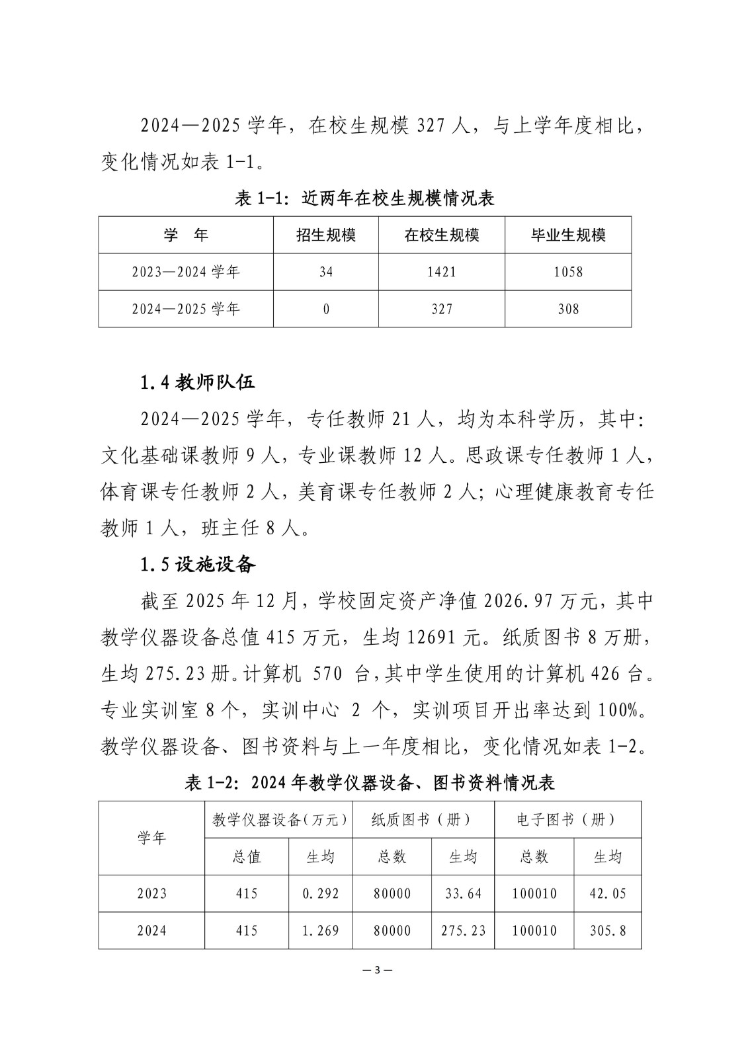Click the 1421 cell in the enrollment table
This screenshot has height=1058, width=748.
tap(441, 272)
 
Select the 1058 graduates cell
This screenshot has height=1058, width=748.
tap(568, 272)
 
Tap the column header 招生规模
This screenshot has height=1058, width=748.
tap(325, 235)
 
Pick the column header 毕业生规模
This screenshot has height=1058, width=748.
tap(568, 235)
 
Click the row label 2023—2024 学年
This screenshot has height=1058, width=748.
tap(186, 272)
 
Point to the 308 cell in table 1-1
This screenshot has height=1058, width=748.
tap(568, 309)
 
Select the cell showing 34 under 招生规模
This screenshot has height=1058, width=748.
tap(325, 272)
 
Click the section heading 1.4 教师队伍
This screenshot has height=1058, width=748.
tap(198, 382)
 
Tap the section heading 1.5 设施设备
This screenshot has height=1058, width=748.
tap(198, 564)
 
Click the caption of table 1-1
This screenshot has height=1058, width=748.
tap(364, 198)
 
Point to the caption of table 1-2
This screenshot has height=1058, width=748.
tap(370, 783)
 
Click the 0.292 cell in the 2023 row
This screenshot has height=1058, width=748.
tap(320, 894)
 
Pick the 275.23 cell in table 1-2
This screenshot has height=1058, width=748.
tap(463, 931)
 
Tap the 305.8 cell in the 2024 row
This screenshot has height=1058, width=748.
tap(607, 931)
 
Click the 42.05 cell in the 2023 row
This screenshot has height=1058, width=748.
tap(607, 894)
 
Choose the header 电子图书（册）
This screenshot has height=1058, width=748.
tap(567, 820)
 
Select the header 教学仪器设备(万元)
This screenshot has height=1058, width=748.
tap(279, 820)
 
